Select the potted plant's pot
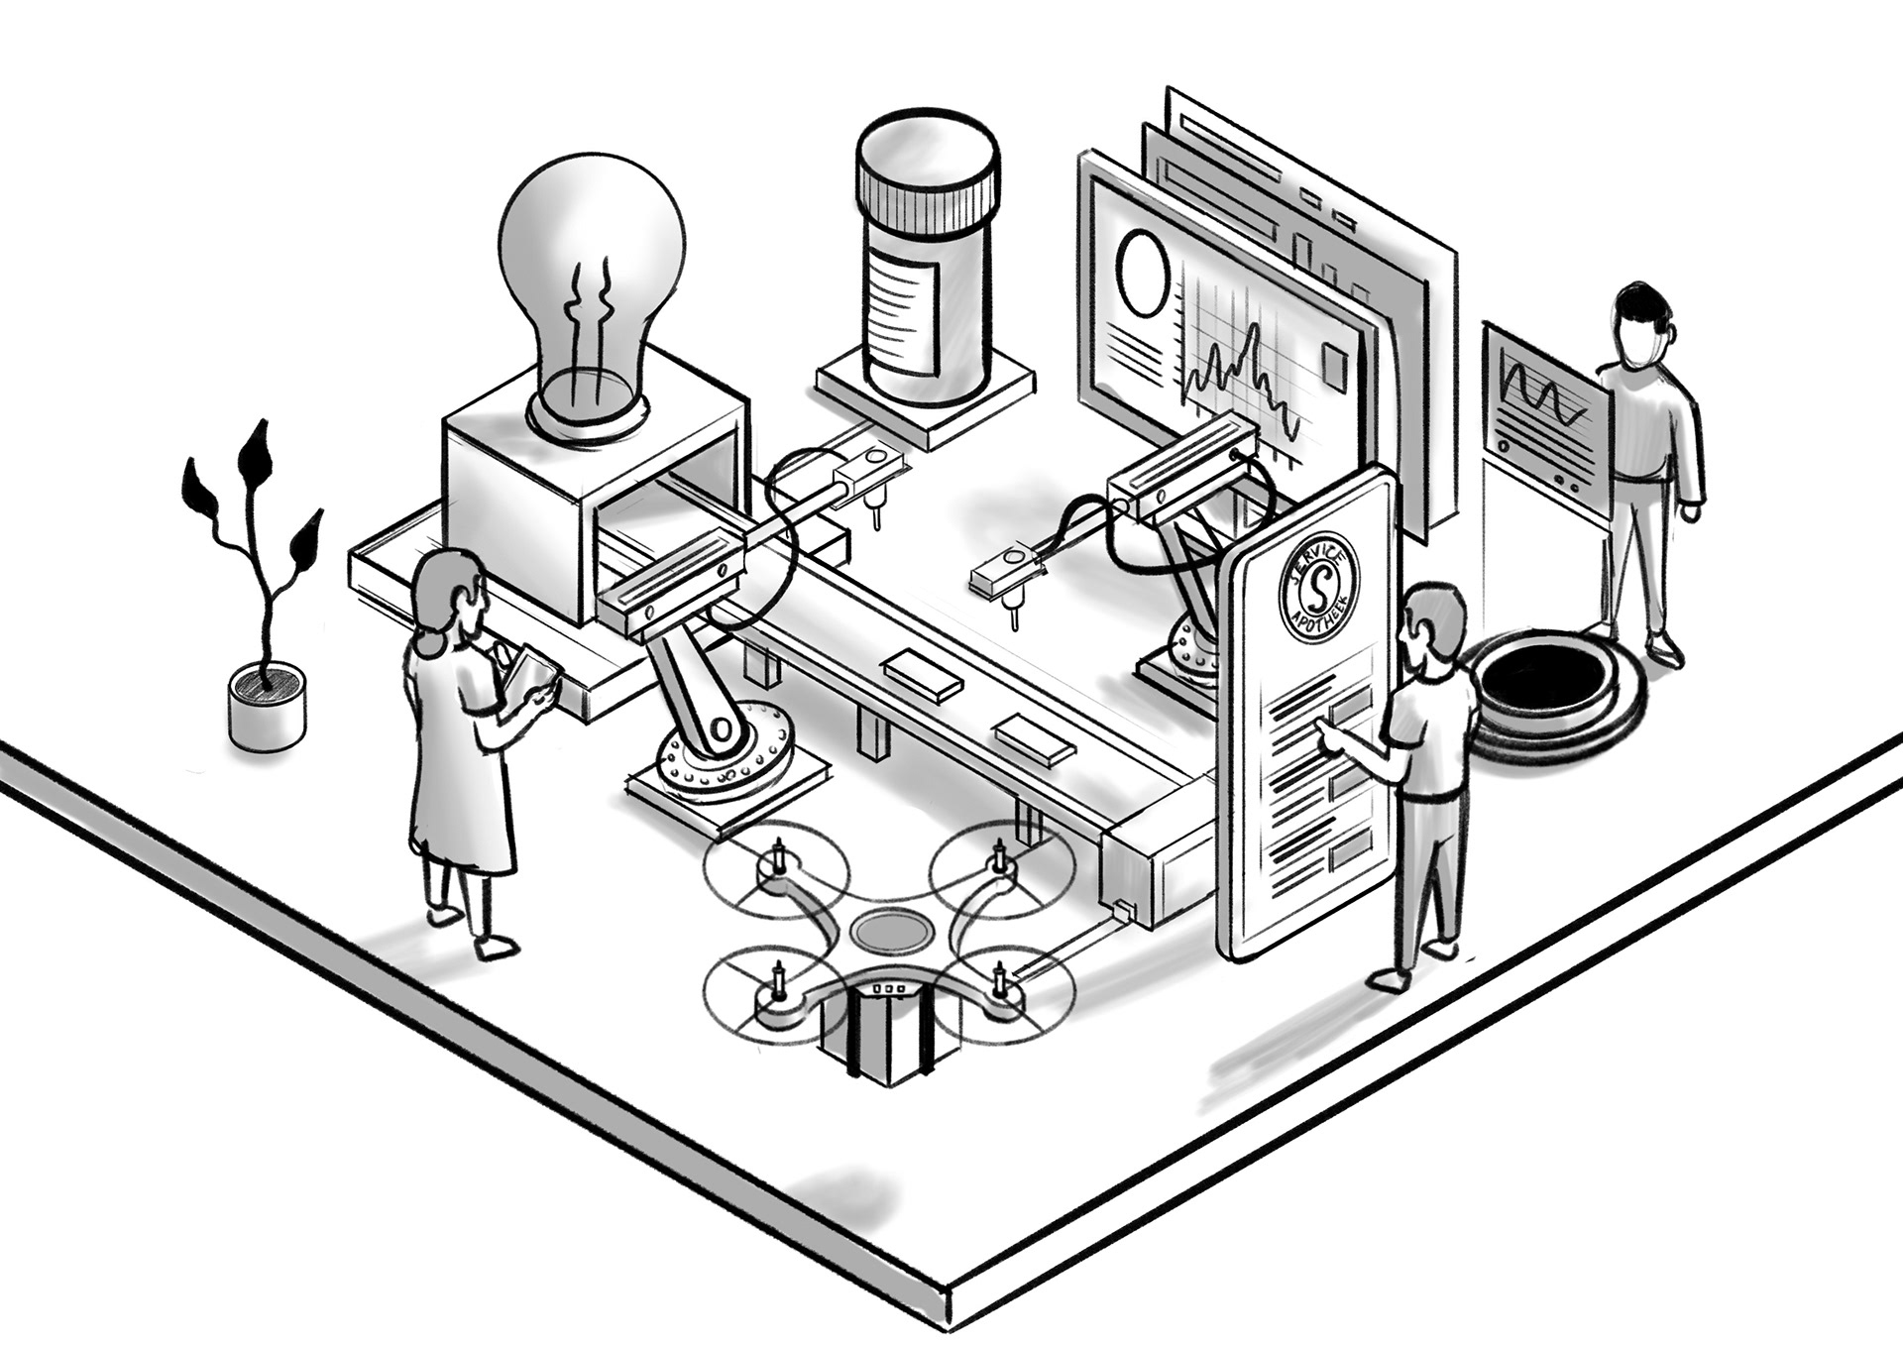[267, 706]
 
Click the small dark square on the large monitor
[1336, 367]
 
